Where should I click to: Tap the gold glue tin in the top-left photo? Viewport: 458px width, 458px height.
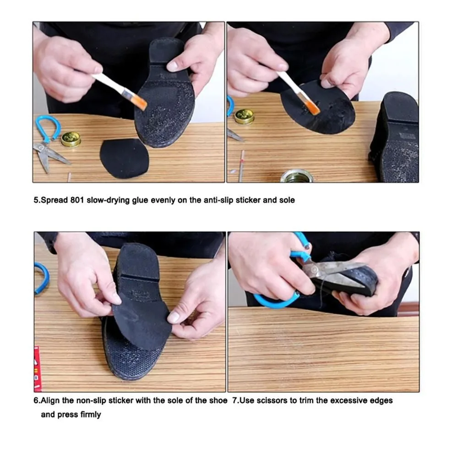[71, 139]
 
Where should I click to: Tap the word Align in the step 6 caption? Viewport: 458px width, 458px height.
[50, 400]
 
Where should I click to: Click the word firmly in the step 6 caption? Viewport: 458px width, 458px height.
[91, 414]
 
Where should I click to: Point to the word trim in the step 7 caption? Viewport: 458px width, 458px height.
[306, 400]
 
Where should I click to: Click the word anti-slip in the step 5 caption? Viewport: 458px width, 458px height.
[217, 200]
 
